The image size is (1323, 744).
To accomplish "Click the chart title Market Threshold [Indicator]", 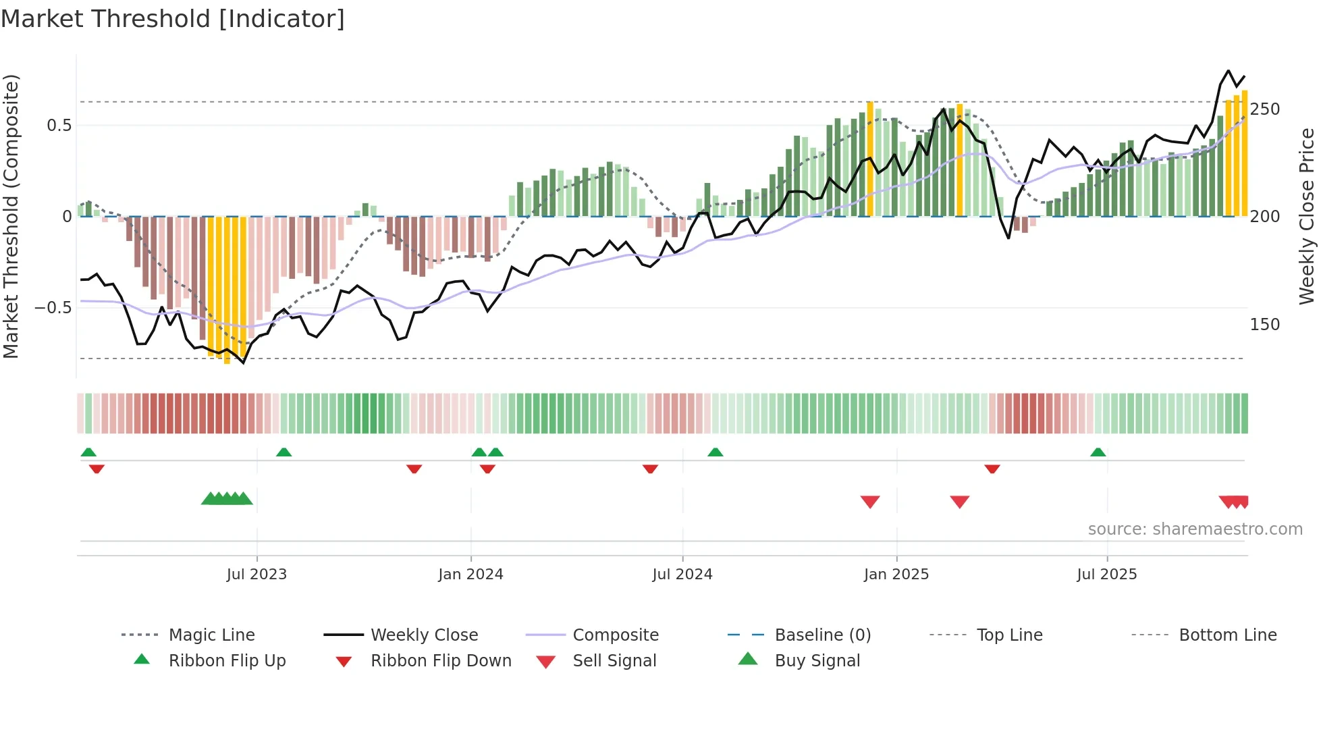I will (173, 19).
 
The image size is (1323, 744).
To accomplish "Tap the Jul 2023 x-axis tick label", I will (256, 575).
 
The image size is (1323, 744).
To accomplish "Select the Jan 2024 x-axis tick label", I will (470, 575).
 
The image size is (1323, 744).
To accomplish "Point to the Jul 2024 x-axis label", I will (682, 575).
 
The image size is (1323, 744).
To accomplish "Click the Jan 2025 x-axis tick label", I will (896, 575).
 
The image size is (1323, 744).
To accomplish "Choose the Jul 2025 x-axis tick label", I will (1107, 575).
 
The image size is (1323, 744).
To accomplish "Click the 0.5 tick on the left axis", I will (59, 126).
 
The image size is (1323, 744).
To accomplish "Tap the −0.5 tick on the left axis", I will (53, 308).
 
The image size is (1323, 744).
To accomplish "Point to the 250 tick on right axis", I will (1265, 109).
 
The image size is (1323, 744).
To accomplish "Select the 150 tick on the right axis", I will (1265, 325).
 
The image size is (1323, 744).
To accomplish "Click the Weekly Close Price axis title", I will (1307, 216).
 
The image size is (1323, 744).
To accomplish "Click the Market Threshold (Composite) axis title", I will (11, 216).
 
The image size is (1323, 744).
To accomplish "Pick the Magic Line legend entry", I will (211, 635).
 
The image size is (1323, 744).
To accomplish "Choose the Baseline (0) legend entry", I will (822, 635).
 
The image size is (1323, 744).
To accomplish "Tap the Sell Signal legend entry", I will (614, 661).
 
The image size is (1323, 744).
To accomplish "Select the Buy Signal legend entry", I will (817, 661).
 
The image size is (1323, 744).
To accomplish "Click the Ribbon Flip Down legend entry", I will (441, 661).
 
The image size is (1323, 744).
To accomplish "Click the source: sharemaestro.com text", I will (1195, 529).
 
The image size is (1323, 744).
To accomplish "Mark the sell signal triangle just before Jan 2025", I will (870, 502).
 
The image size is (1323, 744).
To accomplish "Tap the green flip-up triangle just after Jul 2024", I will (715, 452).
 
